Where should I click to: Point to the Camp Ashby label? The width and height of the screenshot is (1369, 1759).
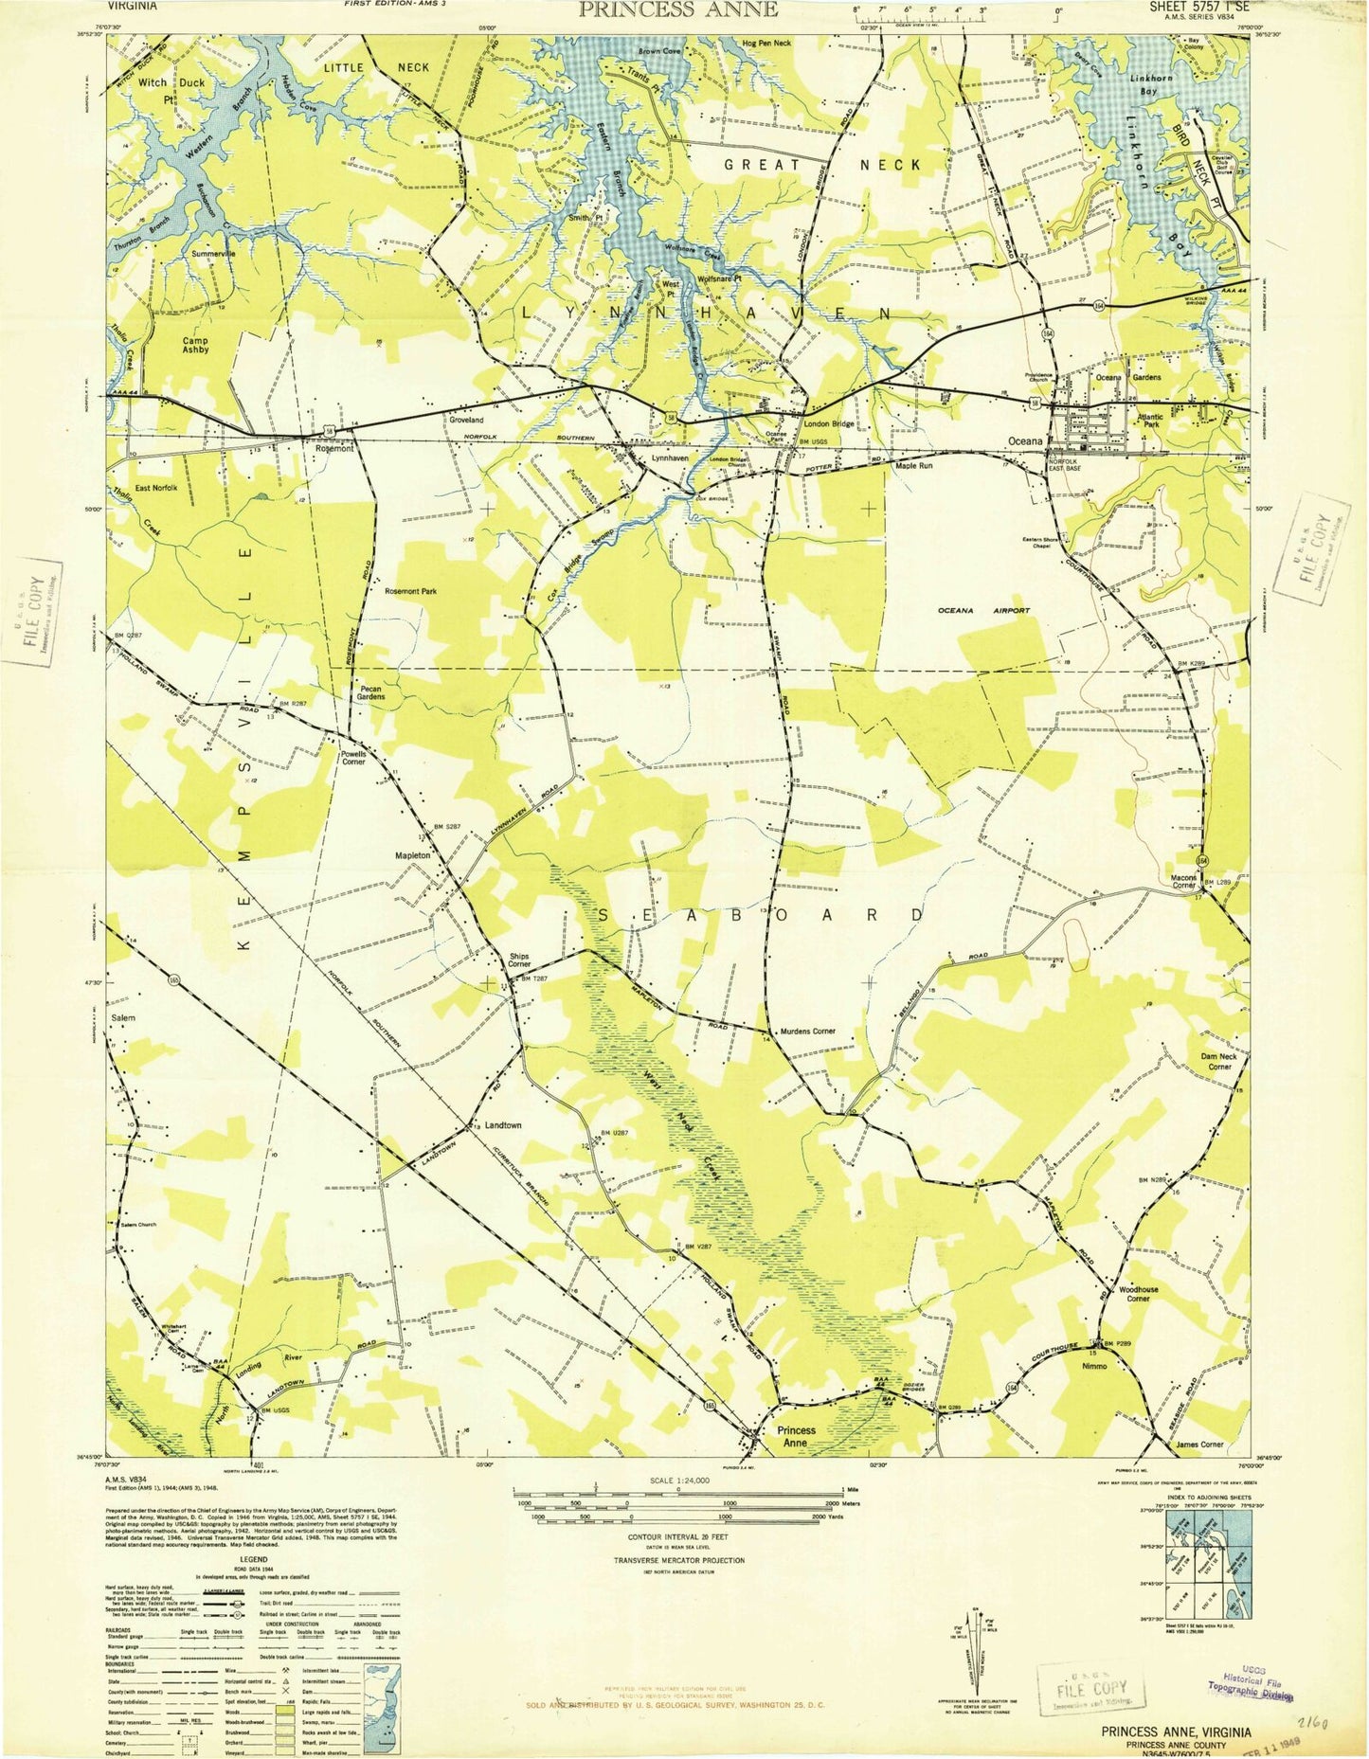click(189, 344)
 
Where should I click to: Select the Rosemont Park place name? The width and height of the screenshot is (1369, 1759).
click(410, 591)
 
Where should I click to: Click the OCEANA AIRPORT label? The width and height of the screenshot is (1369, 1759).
click(983, 611)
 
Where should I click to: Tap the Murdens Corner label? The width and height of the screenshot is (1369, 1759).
click(807, 1032)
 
